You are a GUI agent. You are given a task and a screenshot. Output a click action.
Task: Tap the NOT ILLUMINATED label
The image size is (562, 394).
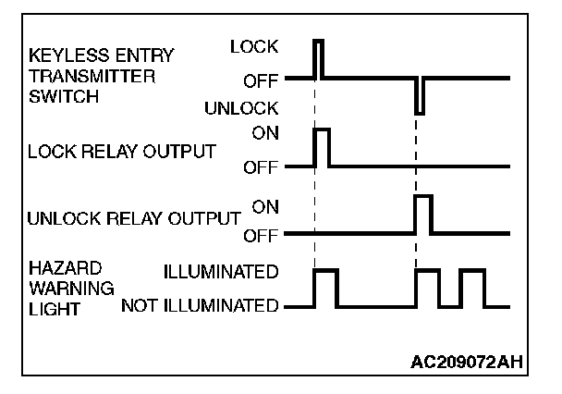click(x=200, y=305)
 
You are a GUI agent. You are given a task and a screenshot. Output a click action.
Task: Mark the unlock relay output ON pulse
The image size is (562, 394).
click(x=423, y=214)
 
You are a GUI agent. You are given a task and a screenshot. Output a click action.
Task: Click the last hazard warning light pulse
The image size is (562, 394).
click(x=472, y=288)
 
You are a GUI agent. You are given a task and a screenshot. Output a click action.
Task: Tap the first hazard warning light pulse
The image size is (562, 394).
click(x=325, y=288)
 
